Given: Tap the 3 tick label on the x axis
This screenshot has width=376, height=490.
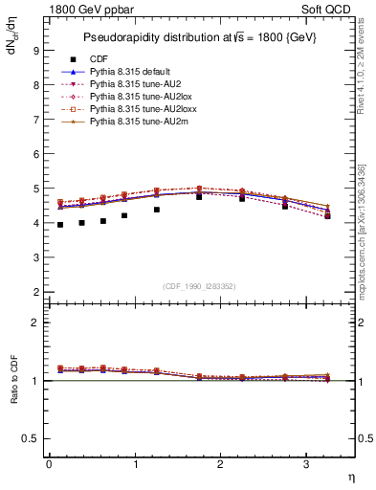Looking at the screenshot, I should point(305,464).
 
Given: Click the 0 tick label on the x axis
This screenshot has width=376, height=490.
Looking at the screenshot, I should point(49,464).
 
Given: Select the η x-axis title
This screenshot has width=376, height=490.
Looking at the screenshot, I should point(350,477).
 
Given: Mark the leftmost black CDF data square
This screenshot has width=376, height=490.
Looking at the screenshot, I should point(60,225).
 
